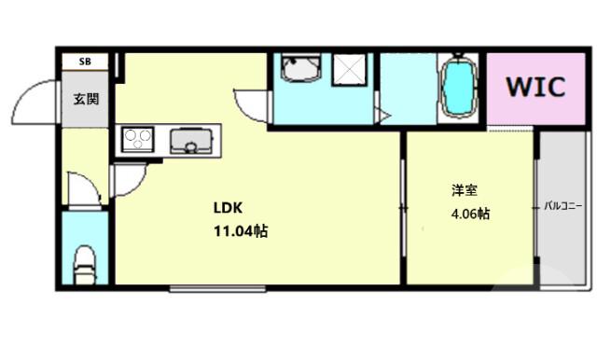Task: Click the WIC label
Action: tap(535, 88)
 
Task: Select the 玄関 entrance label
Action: tap(87, 98)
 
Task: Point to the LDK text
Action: tap(229, 208)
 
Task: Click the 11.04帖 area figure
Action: tap(241, 231)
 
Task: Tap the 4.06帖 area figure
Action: tap(470, 214)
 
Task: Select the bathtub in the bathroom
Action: tap(459, 90)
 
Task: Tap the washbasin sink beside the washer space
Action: tap(298, 71)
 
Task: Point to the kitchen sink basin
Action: tap(190, 142)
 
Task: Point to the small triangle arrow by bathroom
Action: tap(382, 116)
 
